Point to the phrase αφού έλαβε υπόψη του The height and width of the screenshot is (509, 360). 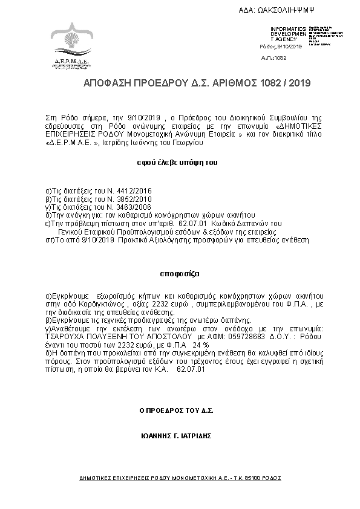(x=177, y=163)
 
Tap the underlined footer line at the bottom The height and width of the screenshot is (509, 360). (x=180, y=478)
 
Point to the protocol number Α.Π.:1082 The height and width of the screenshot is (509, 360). (x=273, y=57)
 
